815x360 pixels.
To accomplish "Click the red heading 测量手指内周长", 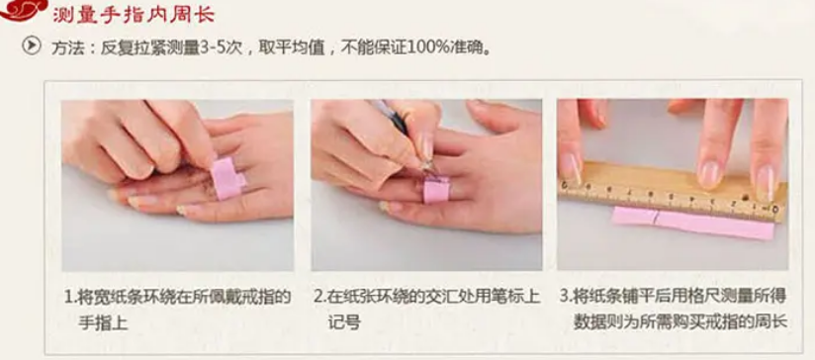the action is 134,15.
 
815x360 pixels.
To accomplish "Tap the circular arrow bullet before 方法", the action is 32,46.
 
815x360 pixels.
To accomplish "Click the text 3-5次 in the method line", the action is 223,47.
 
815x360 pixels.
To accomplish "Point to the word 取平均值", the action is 293,47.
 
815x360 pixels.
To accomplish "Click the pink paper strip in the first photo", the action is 228,178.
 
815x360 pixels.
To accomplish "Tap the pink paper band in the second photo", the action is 436,189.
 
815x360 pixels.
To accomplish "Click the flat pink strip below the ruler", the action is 693,223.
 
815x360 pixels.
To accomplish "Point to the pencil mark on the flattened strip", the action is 656,217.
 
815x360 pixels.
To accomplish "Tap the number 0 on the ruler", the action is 775,209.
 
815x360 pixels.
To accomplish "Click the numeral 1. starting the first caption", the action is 69,298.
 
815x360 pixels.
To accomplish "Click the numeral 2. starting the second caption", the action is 320,298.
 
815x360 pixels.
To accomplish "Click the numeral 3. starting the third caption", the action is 566,298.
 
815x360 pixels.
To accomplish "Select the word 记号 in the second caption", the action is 343,322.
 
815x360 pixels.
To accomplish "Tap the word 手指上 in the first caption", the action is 103,322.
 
